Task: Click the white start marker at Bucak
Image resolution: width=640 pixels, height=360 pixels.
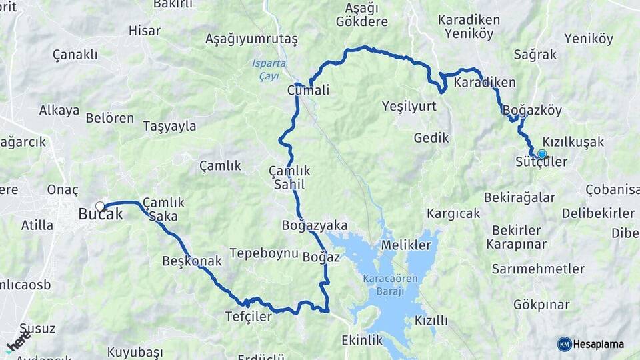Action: pyautogui.click(x=100, y=206)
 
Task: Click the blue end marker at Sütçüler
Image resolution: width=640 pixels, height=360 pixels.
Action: pyautogui.click(x=542, y=154)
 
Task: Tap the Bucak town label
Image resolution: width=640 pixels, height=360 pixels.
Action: pyautogui.click(x=101, y=215)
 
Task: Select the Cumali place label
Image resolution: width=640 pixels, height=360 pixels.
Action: pyautogui.click(x=308, y=90)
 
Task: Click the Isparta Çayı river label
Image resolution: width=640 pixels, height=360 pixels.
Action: pyautogui.click(x=269, y=69)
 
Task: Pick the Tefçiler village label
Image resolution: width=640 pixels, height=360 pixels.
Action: pyautogui.click(x=248, y=317)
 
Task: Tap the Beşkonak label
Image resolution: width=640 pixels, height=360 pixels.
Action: pyautogui.click(x=191, y=261)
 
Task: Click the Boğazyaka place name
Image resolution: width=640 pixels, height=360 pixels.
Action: pyautogui.click(x=315, y=225)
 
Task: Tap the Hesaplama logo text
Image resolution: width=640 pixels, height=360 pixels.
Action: pyautogui.click(x=599, y=345)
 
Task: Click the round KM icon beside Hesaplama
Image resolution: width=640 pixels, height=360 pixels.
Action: pyautogui.click(x=564, y=345)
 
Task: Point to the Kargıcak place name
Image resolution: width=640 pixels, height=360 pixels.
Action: pyautogui.click(x=453, y=214)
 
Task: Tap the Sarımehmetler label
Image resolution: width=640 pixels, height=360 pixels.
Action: pyautogui.click(x=538, y=269)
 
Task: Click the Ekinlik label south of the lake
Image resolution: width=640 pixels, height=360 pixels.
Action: pyautogui.click(x=362, y=340)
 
